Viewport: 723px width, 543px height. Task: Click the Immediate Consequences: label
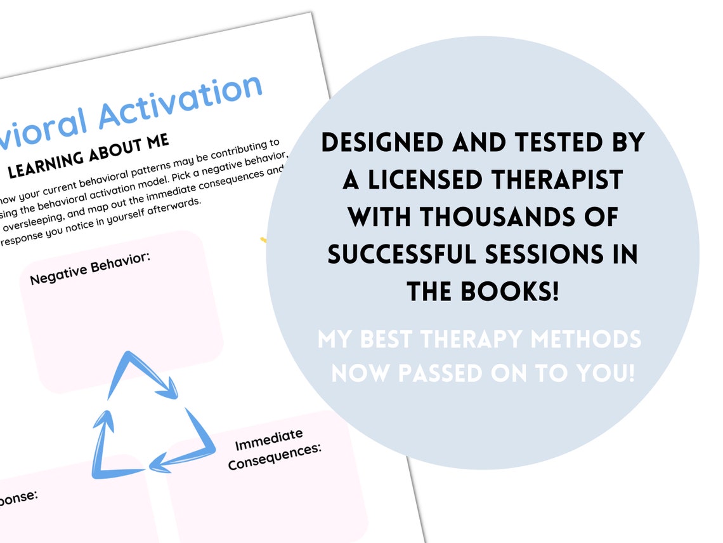(x=274, y=449)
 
